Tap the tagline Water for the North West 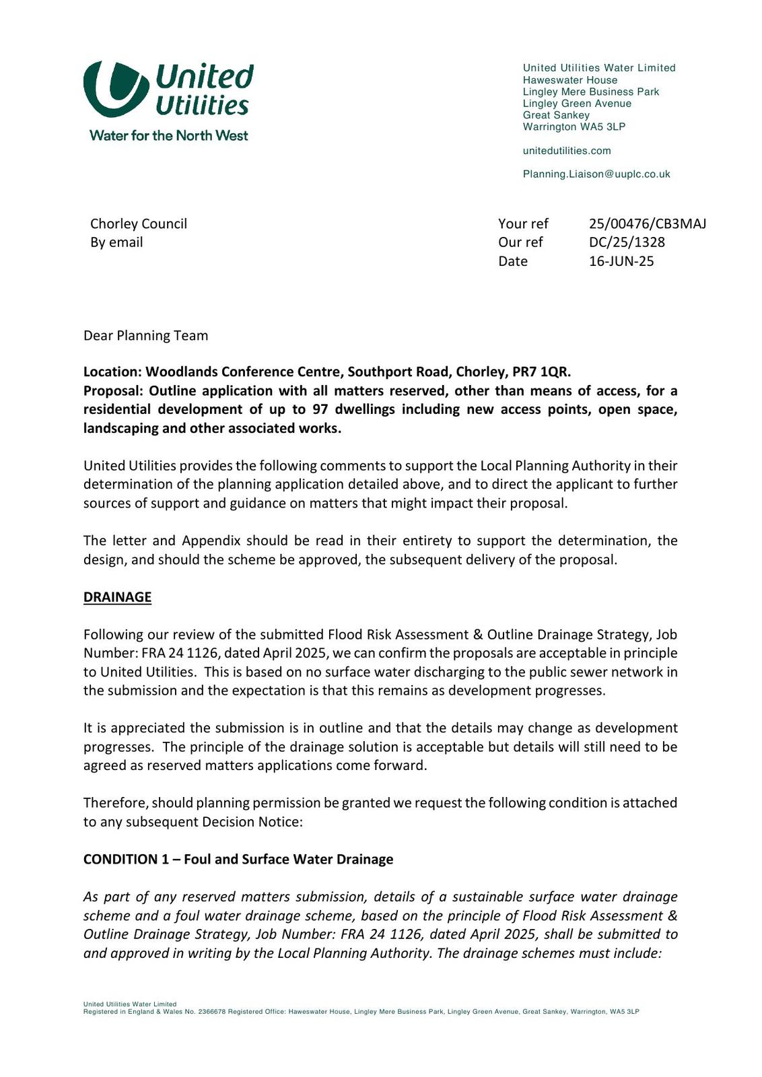pos(168,135)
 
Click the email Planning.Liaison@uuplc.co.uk pos(596,174)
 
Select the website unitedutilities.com pos(567,151)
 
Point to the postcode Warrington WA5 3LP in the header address pos(574,127)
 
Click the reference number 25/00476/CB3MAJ pos(647,223)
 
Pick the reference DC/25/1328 pos(627,242)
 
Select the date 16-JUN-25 pos(621,261)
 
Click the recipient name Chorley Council pos(139,223)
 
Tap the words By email pos(116,242)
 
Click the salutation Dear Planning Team pos(145,335)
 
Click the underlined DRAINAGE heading pos(117,597)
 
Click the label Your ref pos(523,223)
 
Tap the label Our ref pos(520,242)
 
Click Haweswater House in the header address pos(569,80)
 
